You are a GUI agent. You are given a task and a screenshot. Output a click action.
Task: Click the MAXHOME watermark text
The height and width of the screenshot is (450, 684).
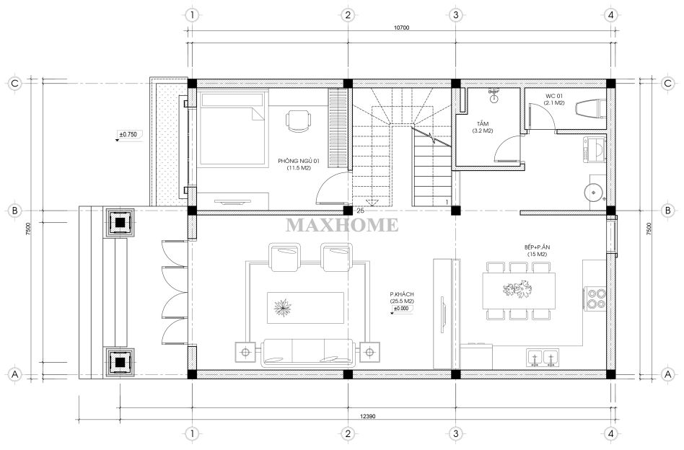click(x=342, y=225)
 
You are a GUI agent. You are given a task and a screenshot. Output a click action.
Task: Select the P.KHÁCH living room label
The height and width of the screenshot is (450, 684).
click(x=402, y=294)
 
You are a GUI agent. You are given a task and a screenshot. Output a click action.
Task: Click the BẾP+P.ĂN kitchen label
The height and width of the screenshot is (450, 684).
click(x=537, y=247)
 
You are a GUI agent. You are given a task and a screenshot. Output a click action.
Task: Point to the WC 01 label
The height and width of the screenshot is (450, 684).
click(x=554, y=96)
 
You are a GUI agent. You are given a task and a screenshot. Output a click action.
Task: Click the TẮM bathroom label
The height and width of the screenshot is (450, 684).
click(x=483, y=124)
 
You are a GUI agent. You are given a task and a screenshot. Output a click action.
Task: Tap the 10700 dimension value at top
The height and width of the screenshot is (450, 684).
click(x=401, y=27)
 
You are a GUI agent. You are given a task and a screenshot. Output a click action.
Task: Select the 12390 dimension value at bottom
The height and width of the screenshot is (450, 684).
click(x=368, y=416)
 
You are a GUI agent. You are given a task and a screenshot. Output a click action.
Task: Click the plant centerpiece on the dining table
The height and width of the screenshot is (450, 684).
click(x=518, y=289)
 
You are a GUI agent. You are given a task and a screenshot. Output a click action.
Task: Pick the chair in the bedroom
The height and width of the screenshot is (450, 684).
click(x=299, y=120)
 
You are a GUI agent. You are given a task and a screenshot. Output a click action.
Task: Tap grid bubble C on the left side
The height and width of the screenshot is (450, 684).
click(x=15, y=84)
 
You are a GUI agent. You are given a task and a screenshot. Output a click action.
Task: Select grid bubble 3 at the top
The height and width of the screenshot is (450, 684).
click(x=456, y=15)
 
